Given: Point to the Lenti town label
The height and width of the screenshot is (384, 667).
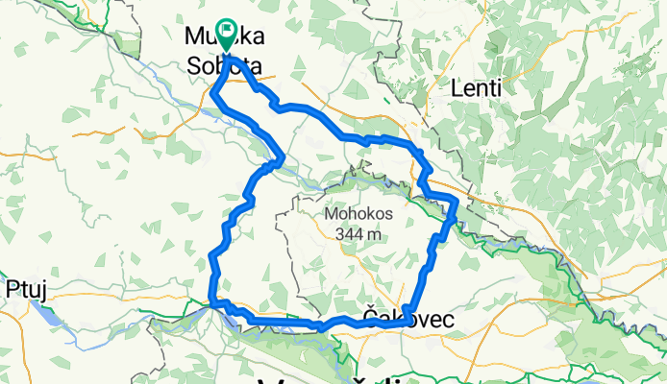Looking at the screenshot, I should [x=477, y=88].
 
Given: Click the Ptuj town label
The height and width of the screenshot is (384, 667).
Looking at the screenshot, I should [x=26, y=287].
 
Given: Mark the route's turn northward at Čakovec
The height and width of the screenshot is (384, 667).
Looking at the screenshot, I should [x=410, y=313].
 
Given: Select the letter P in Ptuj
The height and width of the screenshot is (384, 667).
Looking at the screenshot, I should [x=12, y=287].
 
